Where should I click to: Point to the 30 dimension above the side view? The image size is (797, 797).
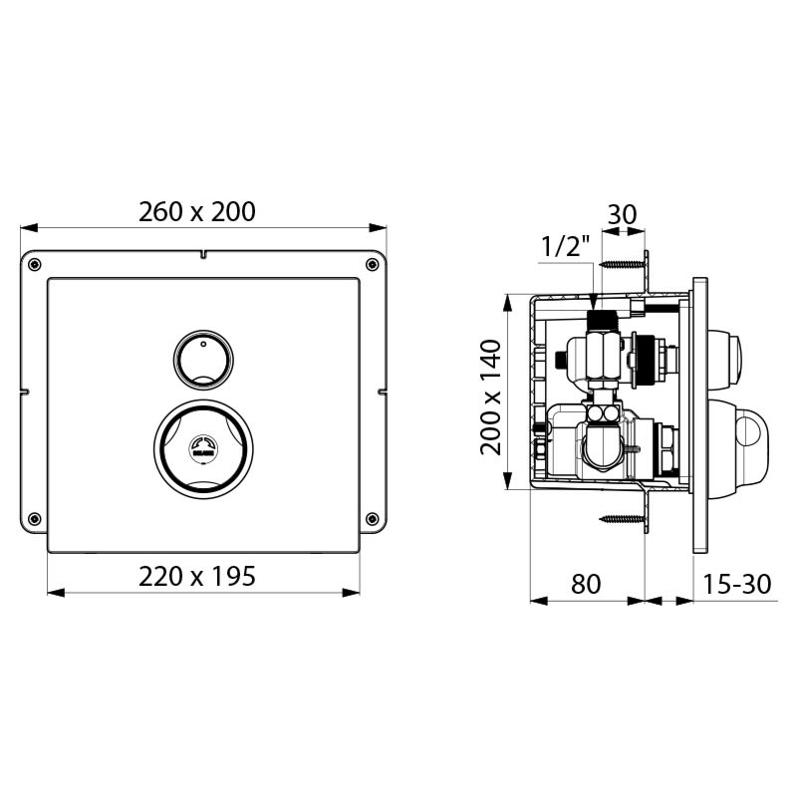click(622, 215)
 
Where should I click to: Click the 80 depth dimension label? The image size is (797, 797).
click(586, 584)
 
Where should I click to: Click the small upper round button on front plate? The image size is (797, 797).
click(203, 360)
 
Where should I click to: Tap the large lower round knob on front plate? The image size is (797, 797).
click(203, 447)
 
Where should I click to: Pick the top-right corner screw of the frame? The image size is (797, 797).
click(372, 264)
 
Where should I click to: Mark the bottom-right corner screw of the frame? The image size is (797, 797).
click(372, 517)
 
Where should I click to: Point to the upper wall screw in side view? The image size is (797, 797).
click(623, 265)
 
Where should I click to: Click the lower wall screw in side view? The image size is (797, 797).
click(623, 519)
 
